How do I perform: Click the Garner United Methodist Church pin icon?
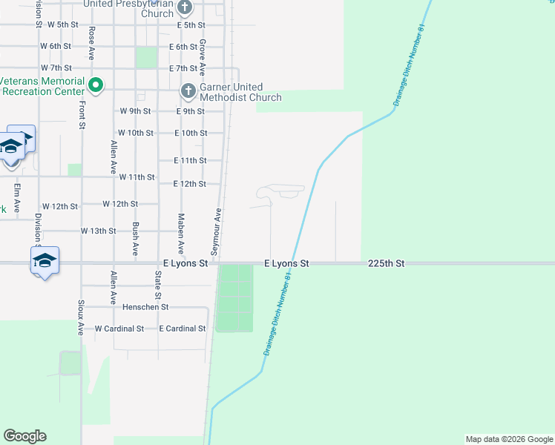[x=187, y=90]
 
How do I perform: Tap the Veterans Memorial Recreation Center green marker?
[x=95, y=85]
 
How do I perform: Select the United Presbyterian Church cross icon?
[x=185, y=8]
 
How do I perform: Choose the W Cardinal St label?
[x=119, y=328]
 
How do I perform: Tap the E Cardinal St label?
[x=182, y=328]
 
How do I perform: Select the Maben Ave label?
[x=180, y=234]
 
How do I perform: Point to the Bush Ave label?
[x=135, y=239]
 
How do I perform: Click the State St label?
[x=158, y=286]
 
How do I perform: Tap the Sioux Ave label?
[x=81, y=317]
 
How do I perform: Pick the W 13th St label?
[x=98, y=231]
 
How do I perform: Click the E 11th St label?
[x=189, y=160]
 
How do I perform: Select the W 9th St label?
[x=135, y=111]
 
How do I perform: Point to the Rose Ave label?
[x=91, y=44]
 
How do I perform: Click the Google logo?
[x=24, y=436]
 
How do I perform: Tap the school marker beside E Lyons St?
[x=44, y=261]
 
